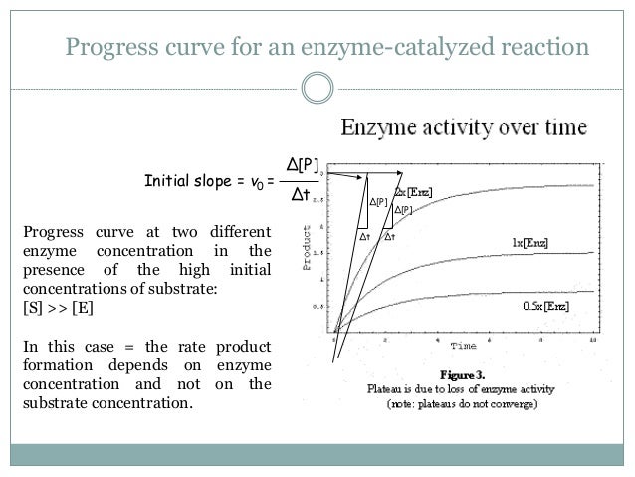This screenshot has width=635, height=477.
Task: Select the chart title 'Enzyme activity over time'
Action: click(465, 128)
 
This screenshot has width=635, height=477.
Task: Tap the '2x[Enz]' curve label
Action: click(412, 191)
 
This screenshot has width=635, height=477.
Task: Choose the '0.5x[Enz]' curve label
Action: click(544, 307)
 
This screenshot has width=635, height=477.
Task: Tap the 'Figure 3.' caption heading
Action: click(457, 375)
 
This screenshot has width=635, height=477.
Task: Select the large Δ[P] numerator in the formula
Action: click(304, 163)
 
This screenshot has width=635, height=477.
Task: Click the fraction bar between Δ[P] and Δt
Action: click(304, 180)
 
